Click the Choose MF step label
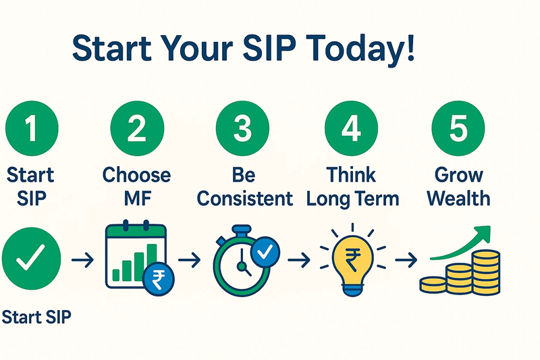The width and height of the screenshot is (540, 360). pyautogui.click(x=137, y=186)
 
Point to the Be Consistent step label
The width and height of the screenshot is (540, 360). pyautogui.click(x=244, y=186)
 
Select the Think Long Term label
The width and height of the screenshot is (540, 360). pyautogui.click(x=352, y=186)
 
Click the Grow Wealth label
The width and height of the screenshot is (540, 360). pyautogui.click(x=459, y=186)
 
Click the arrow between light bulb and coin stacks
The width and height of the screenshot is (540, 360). pyautogui.click(x=405, y=260)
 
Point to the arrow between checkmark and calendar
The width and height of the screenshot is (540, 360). pyautogui.click(x=82, y=260)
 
